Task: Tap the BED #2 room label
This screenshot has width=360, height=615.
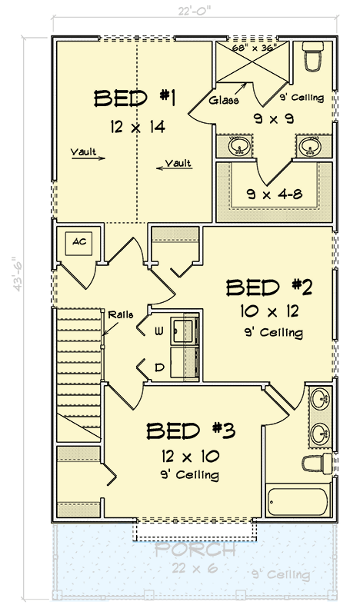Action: click(268, 288)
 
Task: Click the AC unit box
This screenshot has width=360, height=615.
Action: click(78, 242)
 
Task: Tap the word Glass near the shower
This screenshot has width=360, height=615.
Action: click(224, 100)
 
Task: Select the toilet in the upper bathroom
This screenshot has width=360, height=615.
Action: click(313, 56)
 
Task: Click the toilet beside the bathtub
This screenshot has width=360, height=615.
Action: click(317, 464)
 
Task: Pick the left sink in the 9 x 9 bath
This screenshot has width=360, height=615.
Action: click(238, 145)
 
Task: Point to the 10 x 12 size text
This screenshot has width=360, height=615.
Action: click(268, 312)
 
